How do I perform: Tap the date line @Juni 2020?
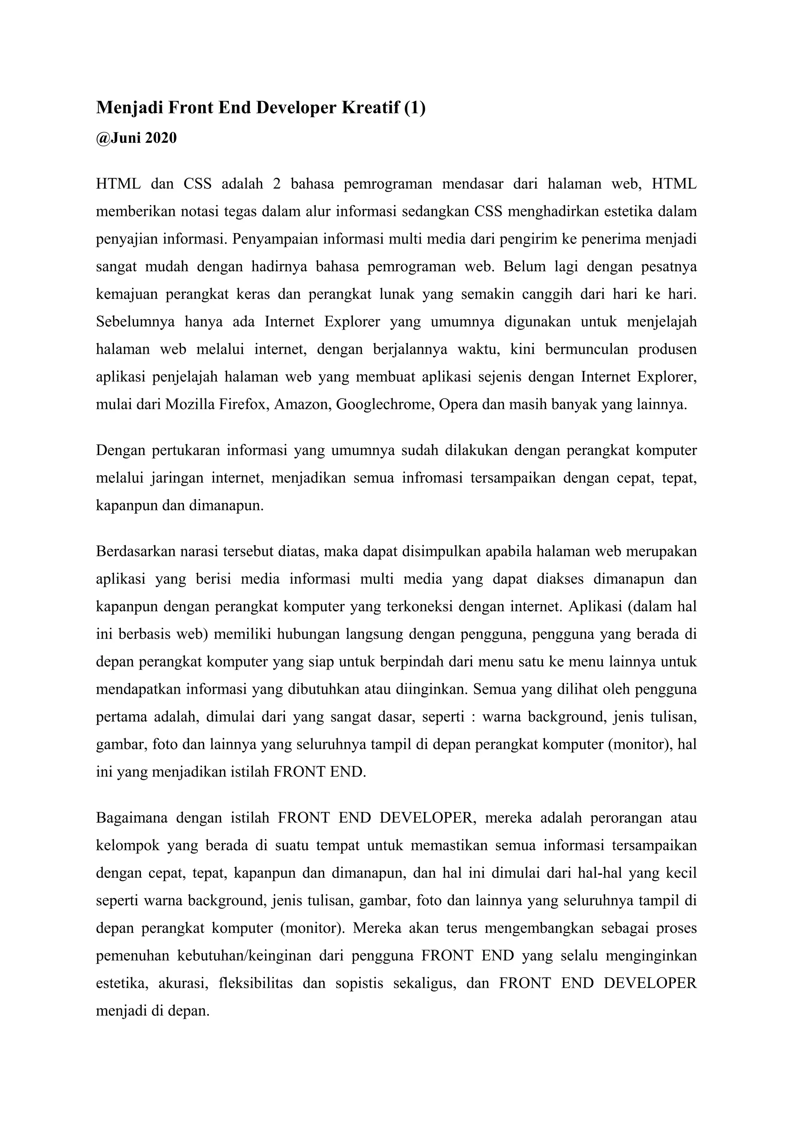tap(136, 138)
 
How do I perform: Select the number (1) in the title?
tap(415, 107)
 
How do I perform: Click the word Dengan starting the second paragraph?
tap(120, 450)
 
